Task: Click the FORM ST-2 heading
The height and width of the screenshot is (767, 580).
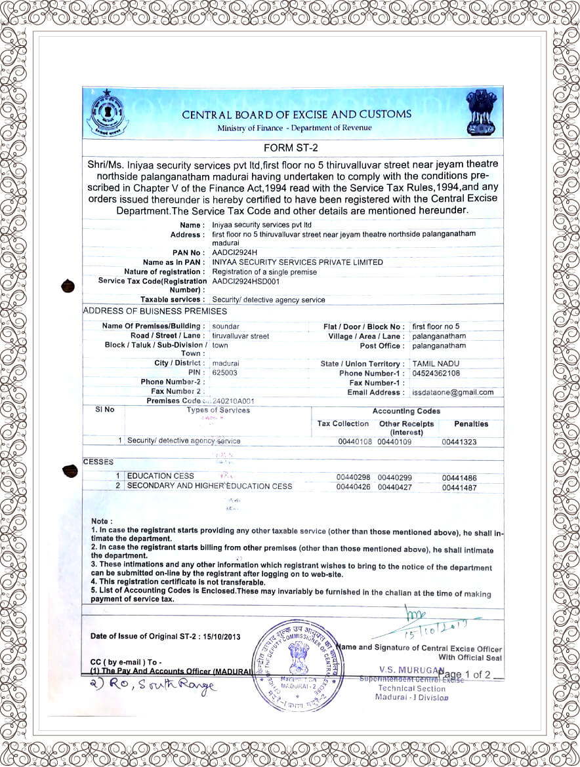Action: tap(292, 147)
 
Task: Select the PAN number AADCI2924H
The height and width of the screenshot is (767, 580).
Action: tap(235, 252)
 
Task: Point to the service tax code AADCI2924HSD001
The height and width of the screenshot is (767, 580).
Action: tap(246, 281)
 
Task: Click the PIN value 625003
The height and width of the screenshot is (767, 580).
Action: tap(225, 372)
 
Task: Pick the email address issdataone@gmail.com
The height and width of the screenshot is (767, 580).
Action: tap(453, 392)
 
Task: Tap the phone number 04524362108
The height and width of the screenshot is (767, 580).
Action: tap(436, 373)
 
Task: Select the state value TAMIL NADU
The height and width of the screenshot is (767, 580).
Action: tap(436, 363)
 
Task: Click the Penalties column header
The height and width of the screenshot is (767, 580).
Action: tap(471, 424)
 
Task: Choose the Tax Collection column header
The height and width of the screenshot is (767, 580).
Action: tap(343, 424)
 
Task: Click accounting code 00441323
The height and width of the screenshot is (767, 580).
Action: tap(459, 442)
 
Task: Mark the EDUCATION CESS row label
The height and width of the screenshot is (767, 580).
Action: tap(160, 476)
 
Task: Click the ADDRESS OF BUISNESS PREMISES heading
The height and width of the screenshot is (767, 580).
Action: tap(155, 311)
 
